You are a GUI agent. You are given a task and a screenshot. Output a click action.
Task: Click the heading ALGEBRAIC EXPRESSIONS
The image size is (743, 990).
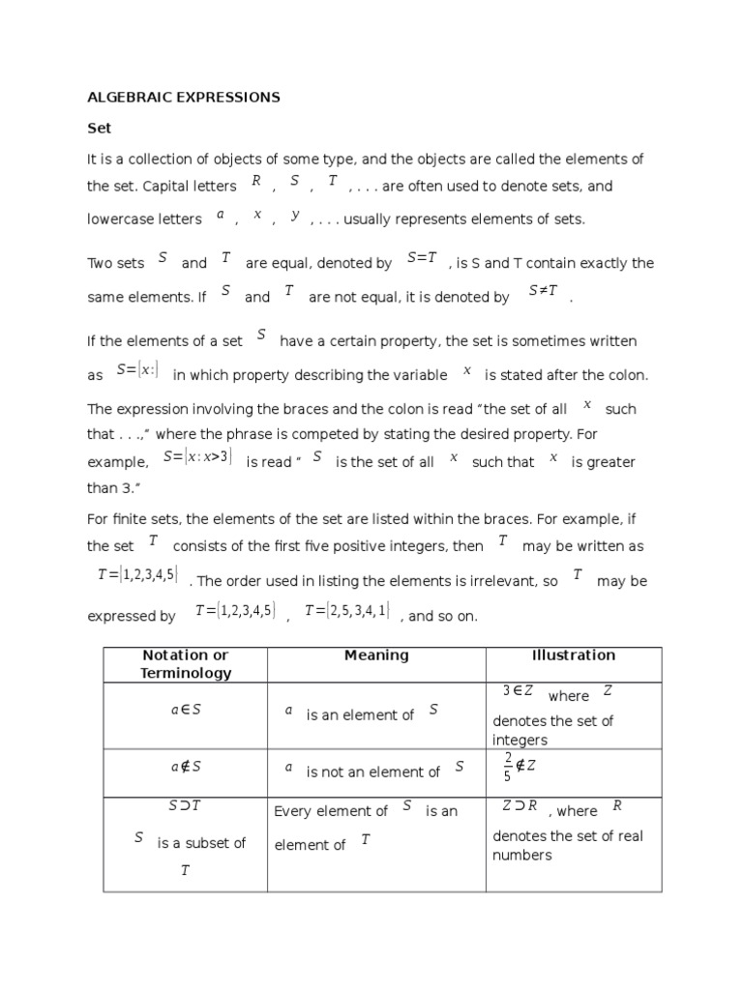(x=184, y=97)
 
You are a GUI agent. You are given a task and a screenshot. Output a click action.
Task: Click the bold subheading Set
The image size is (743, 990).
(x=100, y=128)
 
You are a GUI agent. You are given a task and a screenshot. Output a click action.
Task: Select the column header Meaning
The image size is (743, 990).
(x=376, y=655)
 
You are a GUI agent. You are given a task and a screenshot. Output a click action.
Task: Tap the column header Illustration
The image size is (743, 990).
(x=574, y=655)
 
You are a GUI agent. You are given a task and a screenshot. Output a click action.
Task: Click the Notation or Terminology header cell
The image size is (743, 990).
(x=185, y=664)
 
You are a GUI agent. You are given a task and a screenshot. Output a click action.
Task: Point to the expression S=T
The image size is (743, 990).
(x=423, y=257)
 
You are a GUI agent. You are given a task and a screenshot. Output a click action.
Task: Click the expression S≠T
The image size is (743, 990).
(x=543, y=291)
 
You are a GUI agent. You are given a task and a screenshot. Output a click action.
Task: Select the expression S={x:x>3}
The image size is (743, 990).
(x=197, y=456)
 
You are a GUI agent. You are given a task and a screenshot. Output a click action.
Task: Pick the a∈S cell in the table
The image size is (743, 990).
(x=185, y=710)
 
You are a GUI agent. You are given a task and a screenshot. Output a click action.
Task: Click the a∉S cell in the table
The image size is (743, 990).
(x=185, y=767)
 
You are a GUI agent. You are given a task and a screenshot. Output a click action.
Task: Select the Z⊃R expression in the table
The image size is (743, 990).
(x=519, y=805)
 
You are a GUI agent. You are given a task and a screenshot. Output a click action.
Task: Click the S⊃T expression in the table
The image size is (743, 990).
(x=185, y=805)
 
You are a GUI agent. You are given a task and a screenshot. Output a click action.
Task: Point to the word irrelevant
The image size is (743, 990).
(x=497, y=581)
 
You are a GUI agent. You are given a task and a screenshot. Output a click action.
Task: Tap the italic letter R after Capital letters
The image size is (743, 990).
(x=256, y=180)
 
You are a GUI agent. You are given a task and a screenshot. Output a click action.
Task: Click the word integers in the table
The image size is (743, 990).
(x=520, y=741)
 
